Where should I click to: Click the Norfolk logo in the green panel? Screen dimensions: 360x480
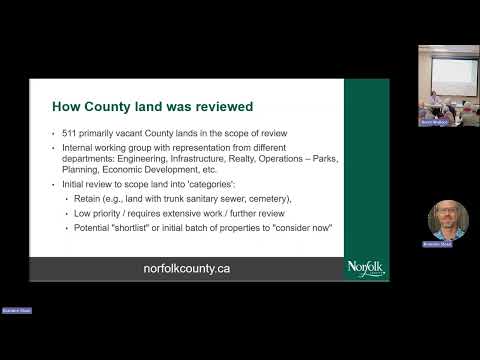coord(367,268)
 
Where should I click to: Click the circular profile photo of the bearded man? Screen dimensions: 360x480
coord(448,220)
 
